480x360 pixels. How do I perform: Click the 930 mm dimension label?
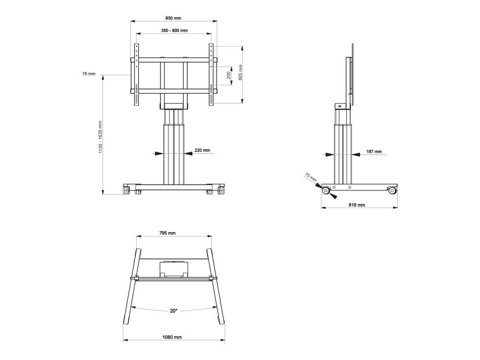pos(173,18)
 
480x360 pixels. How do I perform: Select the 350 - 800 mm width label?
pos(174,30)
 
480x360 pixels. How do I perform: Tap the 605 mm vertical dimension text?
pos(241,72)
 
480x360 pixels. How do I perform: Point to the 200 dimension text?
pos(229,76)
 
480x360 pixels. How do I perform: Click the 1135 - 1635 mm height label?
pos(100,137)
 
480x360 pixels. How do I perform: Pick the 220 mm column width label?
pos(202,150)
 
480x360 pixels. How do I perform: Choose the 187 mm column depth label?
pos(374,152)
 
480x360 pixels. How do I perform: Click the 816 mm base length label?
pos(357,205)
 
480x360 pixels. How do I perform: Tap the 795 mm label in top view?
pos(167,233)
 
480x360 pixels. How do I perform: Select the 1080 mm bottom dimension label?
pos(172,337)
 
